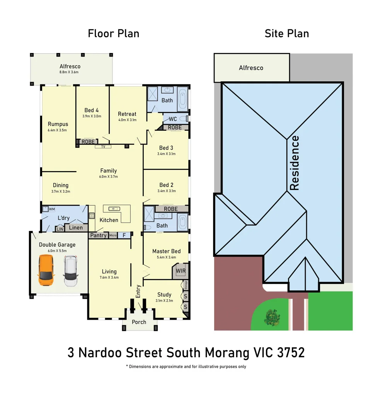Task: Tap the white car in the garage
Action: click(x=70, y=271)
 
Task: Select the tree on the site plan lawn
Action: click(x=272, y=317)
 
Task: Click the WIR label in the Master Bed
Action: click(x=181, y=271)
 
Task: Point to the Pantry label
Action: click(x=98, y=235)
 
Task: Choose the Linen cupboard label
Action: click(x=76, y=228)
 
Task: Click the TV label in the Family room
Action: click(x=103, y=147)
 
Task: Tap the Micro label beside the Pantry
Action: click(x=113, y=235)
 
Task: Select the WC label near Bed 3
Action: click(x=173, y=119)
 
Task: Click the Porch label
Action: click(x=139, y=322)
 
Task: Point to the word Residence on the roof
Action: click(x=295, y=163)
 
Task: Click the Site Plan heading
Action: click(x=286, y=34)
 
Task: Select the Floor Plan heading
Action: click(x=113, y=34)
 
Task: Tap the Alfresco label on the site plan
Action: click(x=251, y=68)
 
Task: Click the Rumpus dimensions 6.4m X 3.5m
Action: click(x=58, y=130)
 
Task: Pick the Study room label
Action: click(x=164, y=295)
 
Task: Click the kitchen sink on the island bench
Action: click(x=114, y=209)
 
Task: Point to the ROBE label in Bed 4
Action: click(x=88, y=142)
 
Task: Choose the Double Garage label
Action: click(x=57, y=245)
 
